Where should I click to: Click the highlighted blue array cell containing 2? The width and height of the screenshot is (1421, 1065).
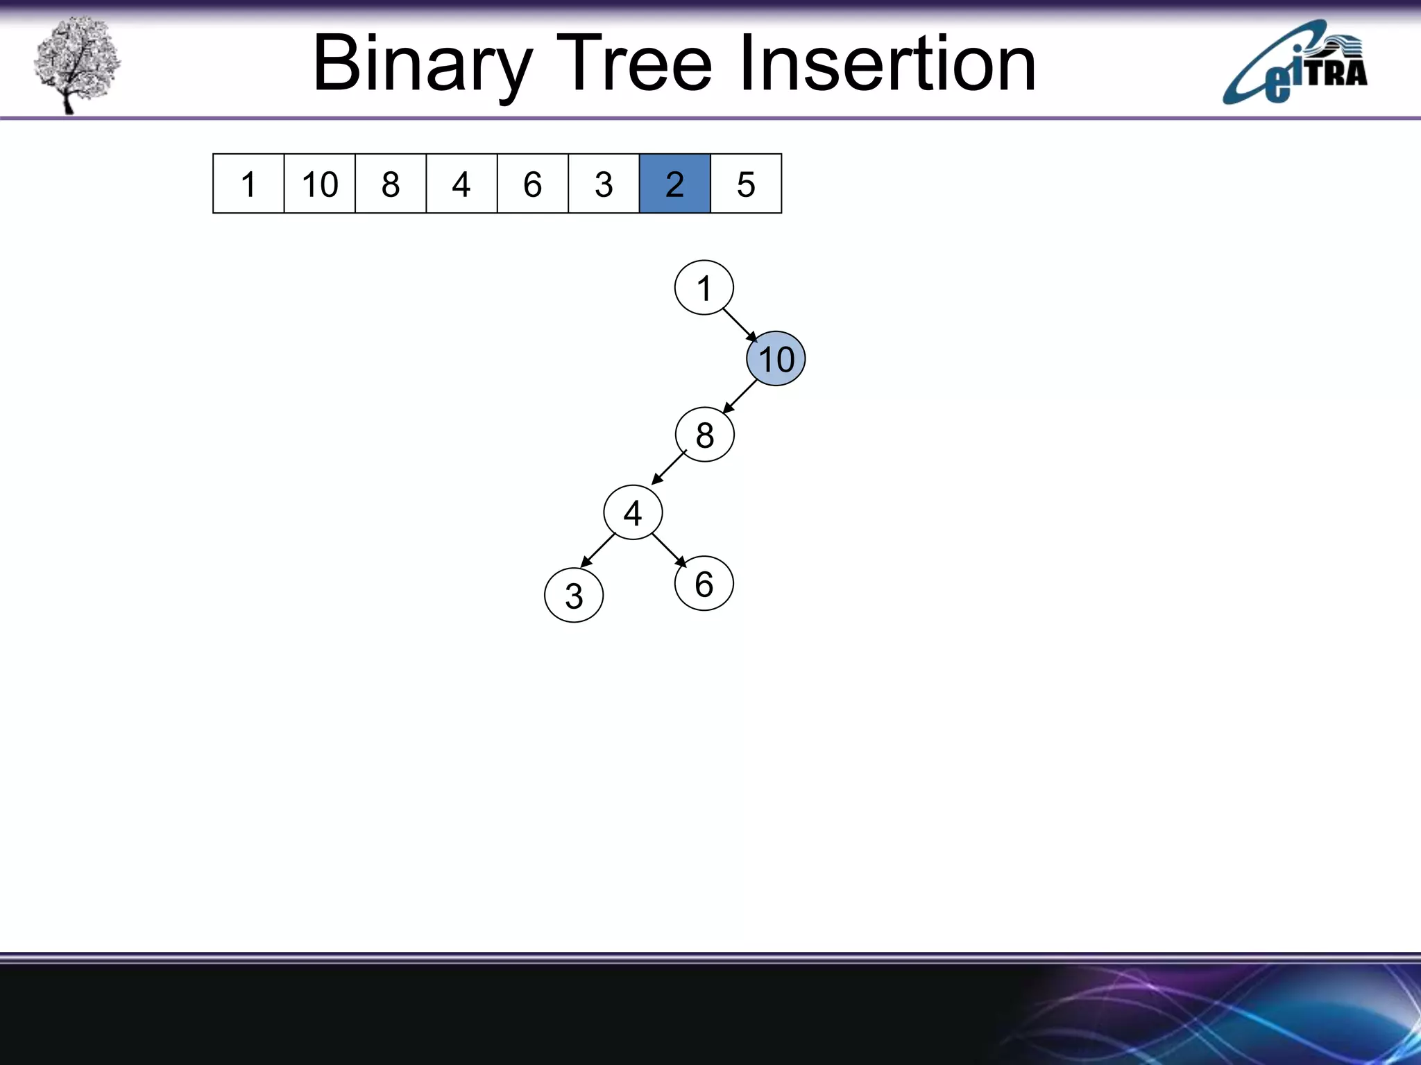click(x=674, y=184)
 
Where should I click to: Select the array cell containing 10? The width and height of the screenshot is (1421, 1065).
click(x=319, y=184)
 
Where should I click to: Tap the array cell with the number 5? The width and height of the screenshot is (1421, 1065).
click(x=746, y=184)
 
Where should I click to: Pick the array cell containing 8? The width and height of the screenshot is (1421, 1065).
click(x=391, y=184)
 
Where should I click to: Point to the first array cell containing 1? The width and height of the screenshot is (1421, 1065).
click(x=248, y=184)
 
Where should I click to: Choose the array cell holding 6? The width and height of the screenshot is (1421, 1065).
click(x=532, y=184)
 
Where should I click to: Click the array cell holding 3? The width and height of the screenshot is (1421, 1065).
click(x=604, y=184)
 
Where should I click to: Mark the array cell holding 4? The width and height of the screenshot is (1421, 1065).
click(x=461, y=184)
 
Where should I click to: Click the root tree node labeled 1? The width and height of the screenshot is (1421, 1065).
click(x=704, y=288)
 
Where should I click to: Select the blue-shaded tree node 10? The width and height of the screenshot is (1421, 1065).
click(x=776, y=359)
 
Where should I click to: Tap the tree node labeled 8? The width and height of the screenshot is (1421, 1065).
click(x=704, y=435)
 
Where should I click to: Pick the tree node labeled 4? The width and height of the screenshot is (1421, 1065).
click(x=633, y=513)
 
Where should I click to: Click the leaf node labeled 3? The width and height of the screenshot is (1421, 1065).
click(x=574, y=596)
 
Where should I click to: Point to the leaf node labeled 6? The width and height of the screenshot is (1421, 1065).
click(x=704, y=584)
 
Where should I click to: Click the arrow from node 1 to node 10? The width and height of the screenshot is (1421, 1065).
click(x=740, y=324)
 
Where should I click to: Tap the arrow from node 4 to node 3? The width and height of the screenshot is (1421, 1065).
click(x=598, y=551)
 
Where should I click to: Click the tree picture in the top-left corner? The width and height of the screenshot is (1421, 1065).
click(x=76, y=64)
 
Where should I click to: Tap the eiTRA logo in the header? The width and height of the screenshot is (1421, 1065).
click(x=1295, y=64)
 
